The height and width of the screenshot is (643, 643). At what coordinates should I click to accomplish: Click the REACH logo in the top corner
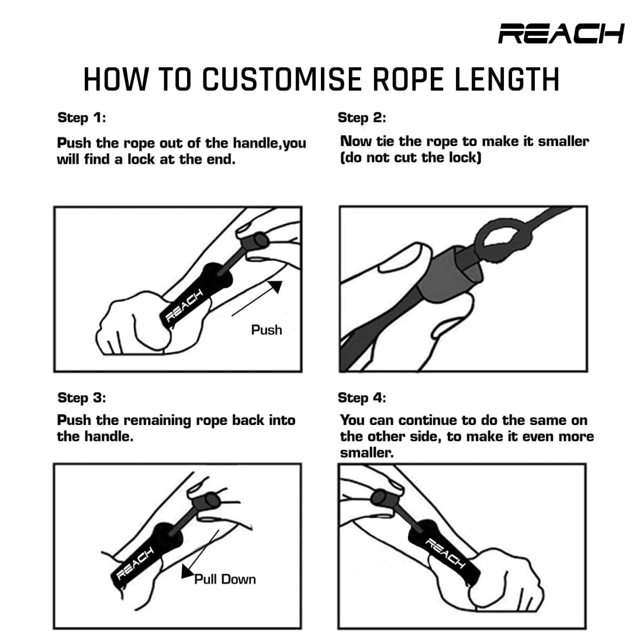tap(561, 33)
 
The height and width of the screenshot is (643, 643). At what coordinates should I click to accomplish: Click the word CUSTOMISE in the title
tap(282, 79)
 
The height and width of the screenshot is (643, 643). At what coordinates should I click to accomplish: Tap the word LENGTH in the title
tap(507, 79)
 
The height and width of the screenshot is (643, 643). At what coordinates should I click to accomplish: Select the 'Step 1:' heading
tap(82, 117)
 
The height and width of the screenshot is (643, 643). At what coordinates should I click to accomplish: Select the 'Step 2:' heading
tap(362, 117)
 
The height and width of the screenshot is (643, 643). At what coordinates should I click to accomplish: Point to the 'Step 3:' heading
tap(82, 397)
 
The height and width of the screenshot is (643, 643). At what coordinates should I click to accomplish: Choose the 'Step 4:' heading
tap(362, 397)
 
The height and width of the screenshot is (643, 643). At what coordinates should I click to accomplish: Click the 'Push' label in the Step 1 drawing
tap(267, 330)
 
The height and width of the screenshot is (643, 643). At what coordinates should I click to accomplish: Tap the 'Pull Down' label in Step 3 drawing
tap(224, 579)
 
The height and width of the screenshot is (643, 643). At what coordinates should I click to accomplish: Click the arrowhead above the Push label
tap(275, 286)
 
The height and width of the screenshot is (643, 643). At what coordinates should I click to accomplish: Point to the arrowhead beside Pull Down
tap(188, 572)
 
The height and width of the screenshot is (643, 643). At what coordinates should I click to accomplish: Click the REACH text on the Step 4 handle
tap(445, 554)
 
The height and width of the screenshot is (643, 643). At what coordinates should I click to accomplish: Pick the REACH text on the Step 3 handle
tap(135, 563)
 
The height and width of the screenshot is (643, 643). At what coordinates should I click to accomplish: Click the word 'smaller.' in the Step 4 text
tap(367, 452)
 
